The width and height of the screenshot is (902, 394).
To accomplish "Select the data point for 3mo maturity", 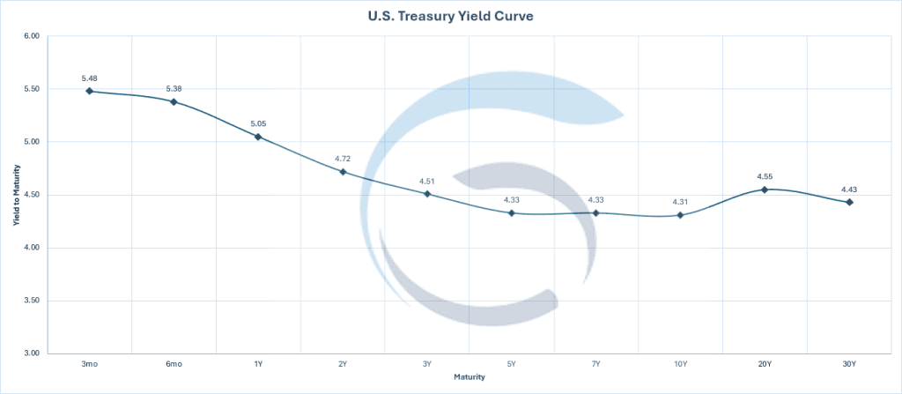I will pos(89,91).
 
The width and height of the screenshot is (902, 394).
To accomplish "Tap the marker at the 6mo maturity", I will pos(174,101).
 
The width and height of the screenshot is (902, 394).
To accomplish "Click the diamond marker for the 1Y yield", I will pos(258,137).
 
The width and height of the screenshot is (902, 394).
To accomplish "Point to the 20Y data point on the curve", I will pos(765,190).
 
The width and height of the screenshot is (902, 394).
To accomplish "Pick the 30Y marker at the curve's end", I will pos(849,202).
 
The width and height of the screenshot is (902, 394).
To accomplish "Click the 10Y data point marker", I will pos(680,215).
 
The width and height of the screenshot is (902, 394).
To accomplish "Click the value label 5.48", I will pos(89,78).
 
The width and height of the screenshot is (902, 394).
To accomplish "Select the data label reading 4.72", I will pos(343,159).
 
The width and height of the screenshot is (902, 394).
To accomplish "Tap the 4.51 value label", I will pos(427,182).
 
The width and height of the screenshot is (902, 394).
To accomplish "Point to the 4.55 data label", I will pos(765,176).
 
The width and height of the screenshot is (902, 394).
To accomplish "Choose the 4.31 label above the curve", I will pos(680,202).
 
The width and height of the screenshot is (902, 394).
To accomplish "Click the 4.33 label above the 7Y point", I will pos(595,200).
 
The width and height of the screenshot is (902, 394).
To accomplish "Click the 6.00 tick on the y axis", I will pos(32,36).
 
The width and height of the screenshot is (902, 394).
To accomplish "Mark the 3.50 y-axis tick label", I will pos(32,301).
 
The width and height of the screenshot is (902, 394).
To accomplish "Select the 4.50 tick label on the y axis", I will pos(32,195).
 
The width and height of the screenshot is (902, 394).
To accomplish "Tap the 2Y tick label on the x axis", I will pos(343,364).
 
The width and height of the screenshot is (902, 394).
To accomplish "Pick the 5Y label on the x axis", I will pos(512,364).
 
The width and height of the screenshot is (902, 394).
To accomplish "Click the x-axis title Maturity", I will pos(469,377).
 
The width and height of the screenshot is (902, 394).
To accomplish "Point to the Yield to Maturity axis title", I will pos(16,195).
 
